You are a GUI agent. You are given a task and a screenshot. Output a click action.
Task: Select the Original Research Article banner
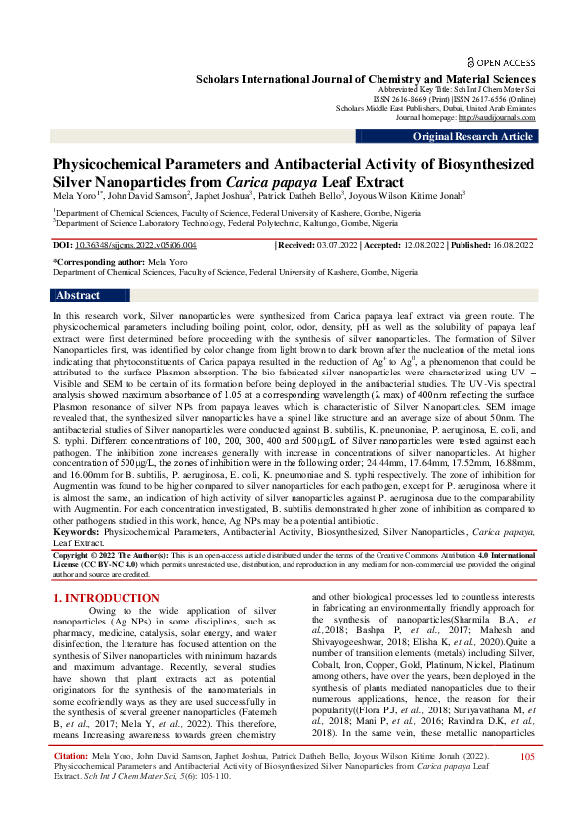pyautogui.click(x=472, y=137)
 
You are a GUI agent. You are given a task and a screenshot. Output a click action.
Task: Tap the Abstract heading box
pyautogui.click(x=79, y=295)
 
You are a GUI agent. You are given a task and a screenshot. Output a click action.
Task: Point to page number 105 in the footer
pyautogui.click(x=526, y=785)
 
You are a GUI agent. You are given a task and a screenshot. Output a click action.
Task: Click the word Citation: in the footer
pyautogui.click(x=70, y=785)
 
